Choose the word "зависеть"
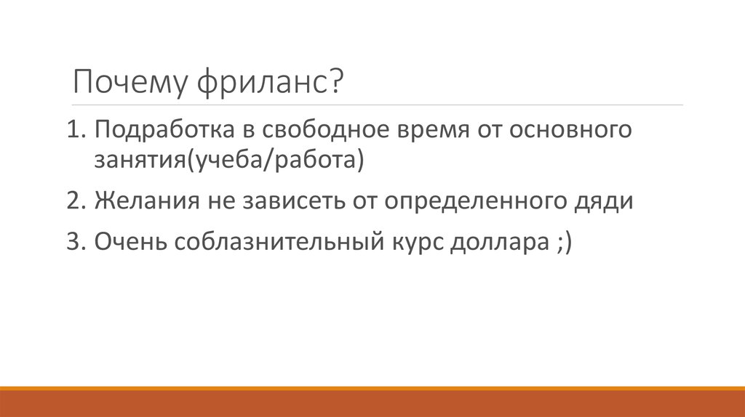[283, 200]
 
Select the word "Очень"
[128, 241]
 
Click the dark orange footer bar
[372, 404]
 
